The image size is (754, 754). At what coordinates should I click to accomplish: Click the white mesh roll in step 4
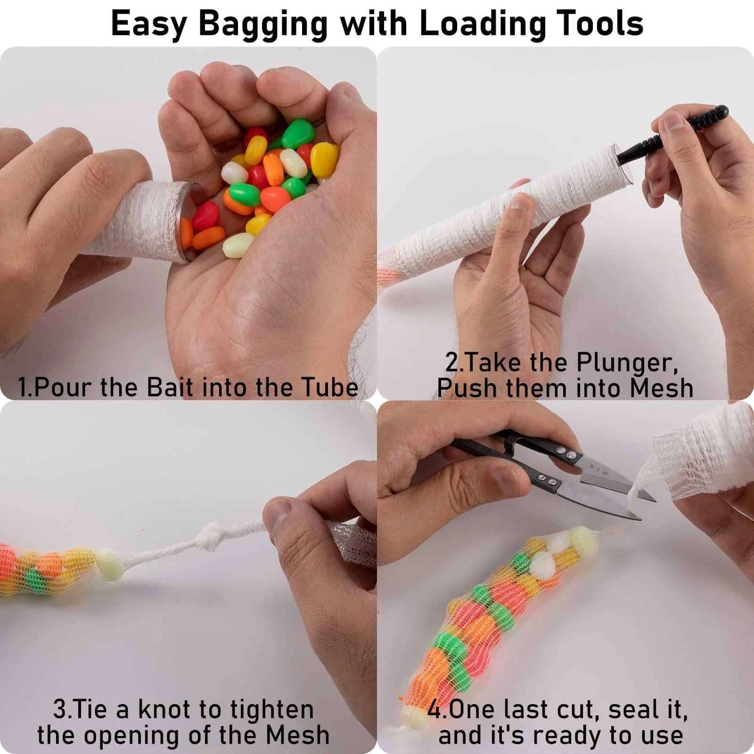pos(702,452)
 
